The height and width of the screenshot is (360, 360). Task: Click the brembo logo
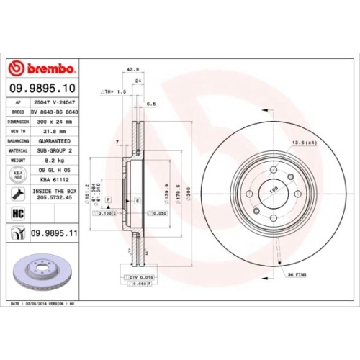coord(41,69)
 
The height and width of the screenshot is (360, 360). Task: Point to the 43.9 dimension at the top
coord(132,70)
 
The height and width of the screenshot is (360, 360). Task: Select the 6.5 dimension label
coord(150,104)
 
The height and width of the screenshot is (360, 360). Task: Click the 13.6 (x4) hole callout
coord(305,143)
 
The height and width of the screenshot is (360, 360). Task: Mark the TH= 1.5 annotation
coord(114,93)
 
